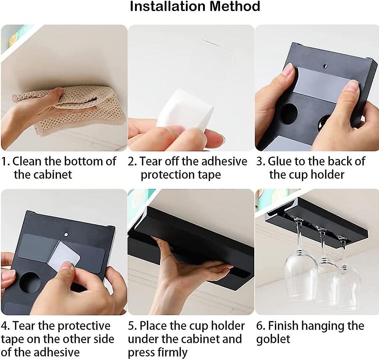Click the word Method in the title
[235, 6]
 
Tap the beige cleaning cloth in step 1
[70, 106]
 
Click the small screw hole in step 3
[325, 66]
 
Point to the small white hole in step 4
[66, 234]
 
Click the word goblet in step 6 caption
[273, 339]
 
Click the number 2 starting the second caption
[132, 161]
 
